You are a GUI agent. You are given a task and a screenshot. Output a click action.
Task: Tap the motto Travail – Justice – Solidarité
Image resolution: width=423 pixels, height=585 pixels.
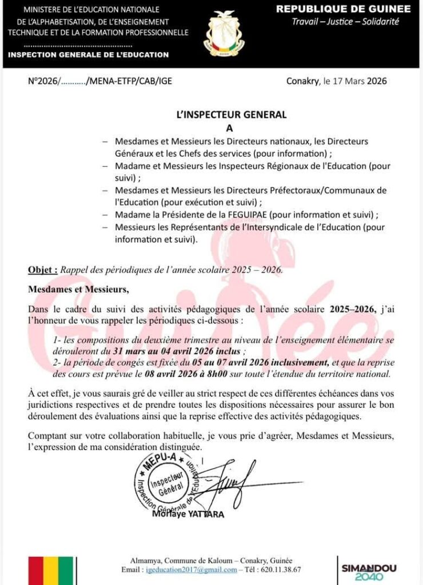pos(345,22)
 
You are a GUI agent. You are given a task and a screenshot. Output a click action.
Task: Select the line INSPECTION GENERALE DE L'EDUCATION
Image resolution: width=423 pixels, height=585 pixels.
pos(89,55)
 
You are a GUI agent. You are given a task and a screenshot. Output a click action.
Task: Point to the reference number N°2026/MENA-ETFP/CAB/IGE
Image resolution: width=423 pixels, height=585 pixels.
pos(100,81)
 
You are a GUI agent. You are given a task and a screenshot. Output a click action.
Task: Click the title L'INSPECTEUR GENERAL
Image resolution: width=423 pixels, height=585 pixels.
pos(231,115)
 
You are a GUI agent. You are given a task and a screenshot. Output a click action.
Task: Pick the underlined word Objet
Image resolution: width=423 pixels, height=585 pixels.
pos(43,270)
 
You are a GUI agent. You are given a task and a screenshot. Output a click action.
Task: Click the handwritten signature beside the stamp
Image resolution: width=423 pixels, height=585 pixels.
pos(229,483)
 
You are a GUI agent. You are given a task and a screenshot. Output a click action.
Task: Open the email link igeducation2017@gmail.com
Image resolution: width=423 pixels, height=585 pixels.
pos(191,570)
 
